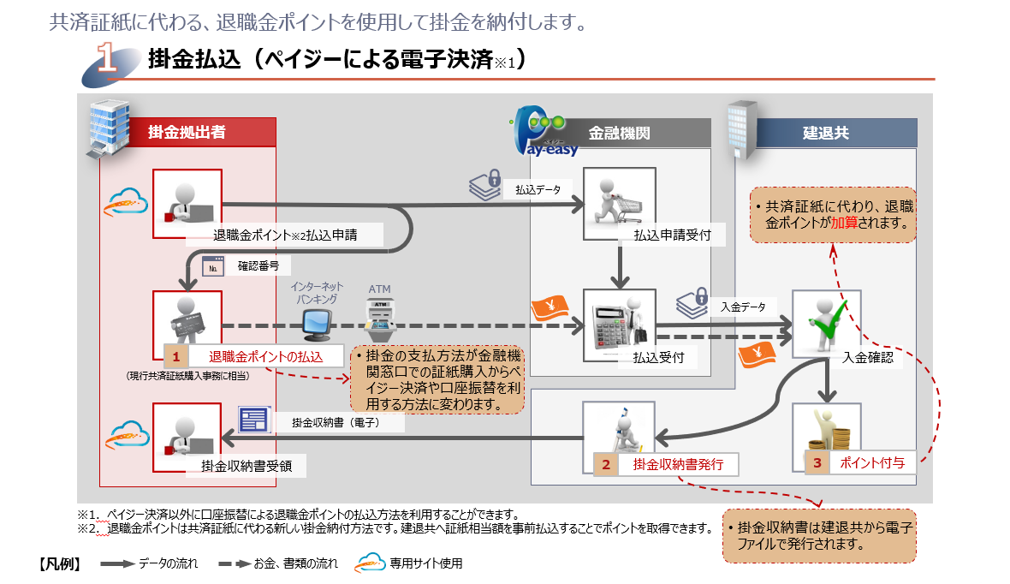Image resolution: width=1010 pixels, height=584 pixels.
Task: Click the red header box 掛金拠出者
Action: [187, 133]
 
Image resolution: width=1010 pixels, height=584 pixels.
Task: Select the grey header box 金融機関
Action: [620, 133]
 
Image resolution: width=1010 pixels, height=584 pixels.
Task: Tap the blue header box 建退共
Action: [825, 133]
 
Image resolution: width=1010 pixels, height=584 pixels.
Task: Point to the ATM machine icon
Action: [379, 316]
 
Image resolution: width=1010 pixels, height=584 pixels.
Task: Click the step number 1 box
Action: [175, 355]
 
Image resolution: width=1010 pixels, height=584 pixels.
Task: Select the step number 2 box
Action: [606, 465]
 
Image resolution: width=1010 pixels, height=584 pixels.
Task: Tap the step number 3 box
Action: [817, 462]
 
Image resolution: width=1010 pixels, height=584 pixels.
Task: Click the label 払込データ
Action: [538, 189]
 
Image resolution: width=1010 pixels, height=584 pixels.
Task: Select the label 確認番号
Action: [258, 266]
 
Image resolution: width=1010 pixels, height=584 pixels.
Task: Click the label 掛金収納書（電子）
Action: [335, 422]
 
